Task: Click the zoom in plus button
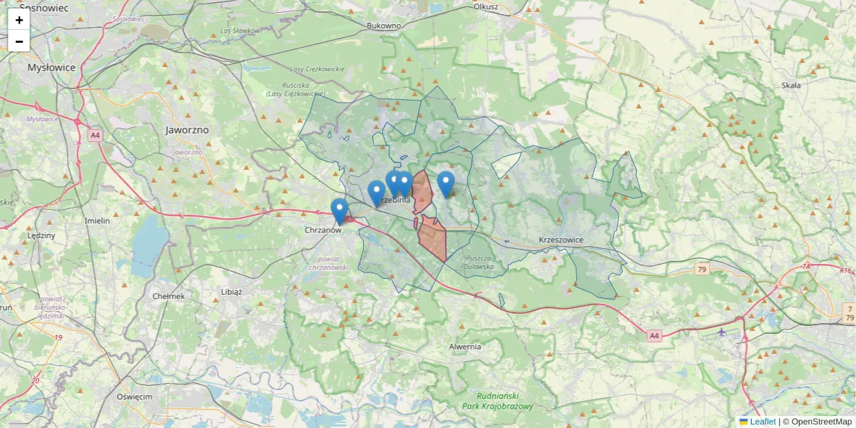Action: point(19,20)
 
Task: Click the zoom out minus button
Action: point(19,41)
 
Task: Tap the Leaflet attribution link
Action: point(763,422)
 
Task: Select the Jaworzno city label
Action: point(186,131)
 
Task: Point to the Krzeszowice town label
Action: point(561,240)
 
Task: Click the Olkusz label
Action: point(485,6)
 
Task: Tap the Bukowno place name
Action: point(384,26)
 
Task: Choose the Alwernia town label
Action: point(465,347)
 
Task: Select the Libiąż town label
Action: point(232,292)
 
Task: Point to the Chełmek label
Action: point(169,296)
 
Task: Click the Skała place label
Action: point(791,85)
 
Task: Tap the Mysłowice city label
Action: point(51,68)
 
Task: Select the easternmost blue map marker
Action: point(446,183)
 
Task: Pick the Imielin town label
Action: point(97,221)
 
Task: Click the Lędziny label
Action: point(40,235)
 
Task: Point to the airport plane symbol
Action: point(722,332)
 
